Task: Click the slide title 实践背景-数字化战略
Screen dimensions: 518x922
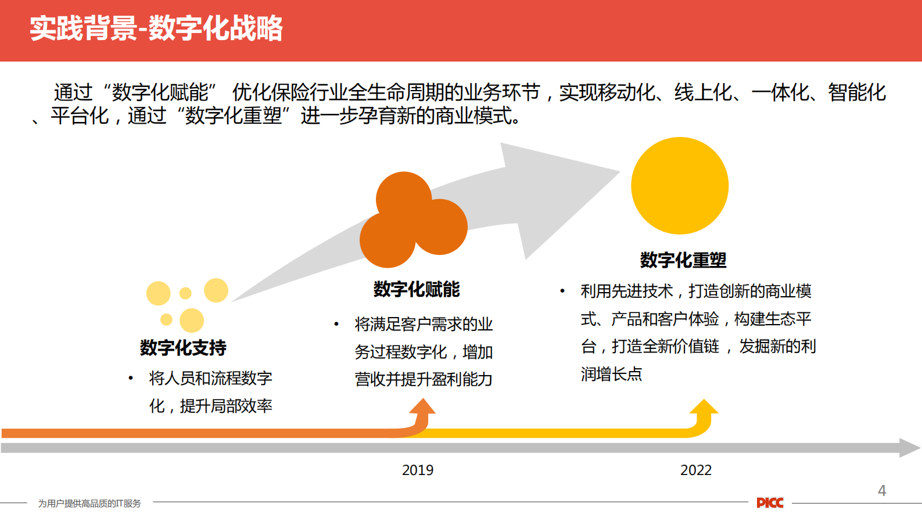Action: click(156, 28)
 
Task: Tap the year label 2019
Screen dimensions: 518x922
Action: click(417, 470)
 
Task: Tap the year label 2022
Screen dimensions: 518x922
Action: click(695, 470)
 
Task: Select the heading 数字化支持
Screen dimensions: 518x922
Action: click(183, 348)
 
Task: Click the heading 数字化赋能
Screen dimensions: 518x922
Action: click(417, 289)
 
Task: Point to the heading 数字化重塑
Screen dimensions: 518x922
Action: click(683, 260)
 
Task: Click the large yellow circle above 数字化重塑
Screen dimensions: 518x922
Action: click(680, 186)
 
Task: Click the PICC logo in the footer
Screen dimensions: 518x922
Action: click(770, 503)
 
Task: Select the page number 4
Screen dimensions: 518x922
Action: click(882, 491)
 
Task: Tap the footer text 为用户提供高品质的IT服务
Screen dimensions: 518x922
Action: click(89, 503)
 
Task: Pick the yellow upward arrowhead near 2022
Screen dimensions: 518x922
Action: click(704, 407)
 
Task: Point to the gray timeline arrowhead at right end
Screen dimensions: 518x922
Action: click(910, 448)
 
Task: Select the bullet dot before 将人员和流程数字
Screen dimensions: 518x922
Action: click(131, 379)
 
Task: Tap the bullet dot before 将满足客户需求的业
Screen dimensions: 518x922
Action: click(336, 324)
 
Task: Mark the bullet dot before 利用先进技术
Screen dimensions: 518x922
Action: click(562, 291)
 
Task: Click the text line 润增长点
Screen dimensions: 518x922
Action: click(611, 374)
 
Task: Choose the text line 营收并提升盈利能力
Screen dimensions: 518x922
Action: click(424, 379)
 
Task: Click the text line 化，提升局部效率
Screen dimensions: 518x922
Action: click(210, 406)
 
